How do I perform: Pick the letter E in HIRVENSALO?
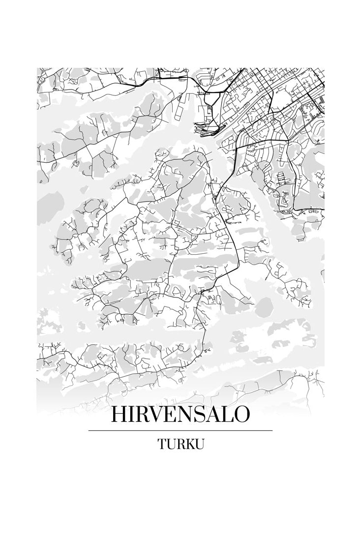click(x=174, y=415)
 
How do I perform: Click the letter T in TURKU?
click(x=162, y=444)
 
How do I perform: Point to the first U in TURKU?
click(x=171, y=444)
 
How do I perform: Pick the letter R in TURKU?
click(x=180, y=444)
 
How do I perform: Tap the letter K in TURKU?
click(x=189, y=444)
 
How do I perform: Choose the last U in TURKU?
click(x=199, y=444)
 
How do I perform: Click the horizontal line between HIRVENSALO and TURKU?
click(x=180, y=430)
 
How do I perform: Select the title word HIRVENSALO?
click(x=180, y=415)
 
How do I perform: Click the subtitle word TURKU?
click(x=180, y=444)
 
